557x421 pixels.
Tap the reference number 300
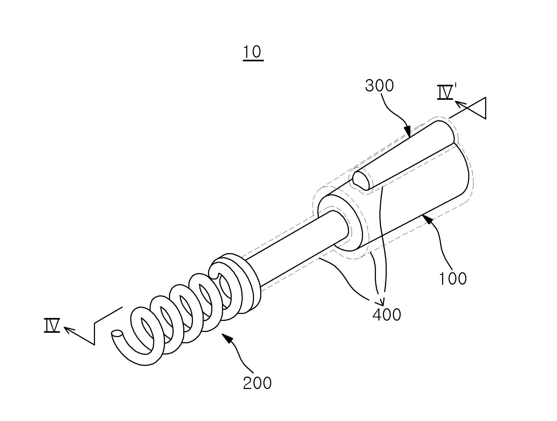(379, 86)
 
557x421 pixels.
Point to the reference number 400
(387, 315)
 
